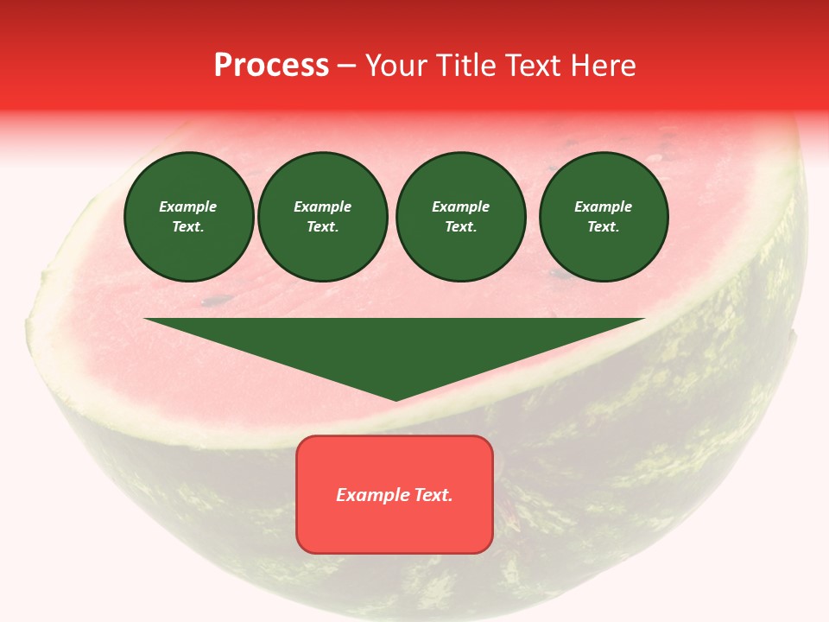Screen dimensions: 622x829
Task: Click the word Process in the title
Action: (271, 65)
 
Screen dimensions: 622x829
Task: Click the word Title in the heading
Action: (464, 65)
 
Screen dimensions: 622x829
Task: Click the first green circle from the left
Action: (188, 217)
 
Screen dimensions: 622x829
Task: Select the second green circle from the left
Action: (323, 217)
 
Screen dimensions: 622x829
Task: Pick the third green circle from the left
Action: (460, 217)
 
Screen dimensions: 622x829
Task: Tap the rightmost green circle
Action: (604, 217)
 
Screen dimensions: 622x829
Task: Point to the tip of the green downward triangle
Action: (396, 398)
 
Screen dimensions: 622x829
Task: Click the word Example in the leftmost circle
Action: (188, 207)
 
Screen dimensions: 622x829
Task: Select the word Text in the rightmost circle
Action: (603, 227)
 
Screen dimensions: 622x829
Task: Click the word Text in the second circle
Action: (322, 227)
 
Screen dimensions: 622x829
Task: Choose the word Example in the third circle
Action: (460, 207)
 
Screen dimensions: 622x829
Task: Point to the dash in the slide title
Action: (347, 66)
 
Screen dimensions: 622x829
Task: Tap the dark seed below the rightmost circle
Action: (561, 276)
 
